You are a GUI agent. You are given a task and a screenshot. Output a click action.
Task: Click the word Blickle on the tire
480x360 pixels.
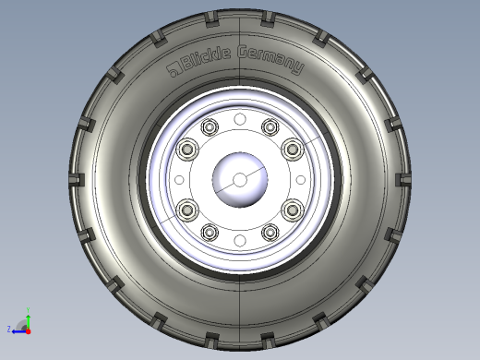tap(206, 59)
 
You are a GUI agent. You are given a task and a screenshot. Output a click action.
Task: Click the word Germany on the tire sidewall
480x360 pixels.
tap(271, 59)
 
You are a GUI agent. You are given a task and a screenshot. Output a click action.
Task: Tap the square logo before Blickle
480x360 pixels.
tap(174, 70)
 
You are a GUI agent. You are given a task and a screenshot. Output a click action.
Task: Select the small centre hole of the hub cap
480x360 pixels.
tap(240, 180)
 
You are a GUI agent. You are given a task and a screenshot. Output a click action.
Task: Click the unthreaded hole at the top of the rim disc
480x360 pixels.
tap(240, 119)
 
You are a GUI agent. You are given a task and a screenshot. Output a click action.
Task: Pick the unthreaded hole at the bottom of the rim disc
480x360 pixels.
tap(240, 241)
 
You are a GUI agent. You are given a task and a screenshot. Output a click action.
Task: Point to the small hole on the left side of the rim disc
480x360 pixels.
tap(179, 180)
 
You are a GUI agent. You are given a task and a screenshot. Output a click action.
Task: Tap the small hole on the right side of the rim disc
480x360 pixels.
tap(301, 180)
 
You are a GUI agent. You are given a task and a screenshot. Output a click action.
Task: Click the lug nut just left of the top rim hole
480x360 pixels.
tap(210, 127)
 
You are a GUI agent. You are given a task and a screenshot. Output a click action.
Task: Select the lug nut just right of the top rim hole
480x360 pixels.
tap(270, 127)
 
